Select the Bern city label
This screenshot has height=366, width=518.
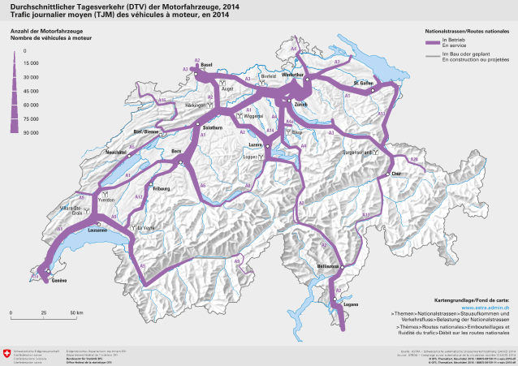(x=176, y=151)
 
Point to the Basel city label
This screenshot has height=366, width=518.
(x=205, y=64)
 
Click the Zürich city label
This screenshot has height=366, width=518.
(x=301, y=105)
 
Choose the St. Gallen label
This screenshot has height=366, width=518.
(x=363, y=83)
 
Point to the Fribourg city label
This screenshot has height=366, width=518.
(x=161, y=189)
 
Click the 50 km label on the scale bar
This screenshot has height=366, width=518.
(x=76, y=312)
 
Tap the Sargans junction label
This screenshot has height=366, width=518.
(x=356, y=151)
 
